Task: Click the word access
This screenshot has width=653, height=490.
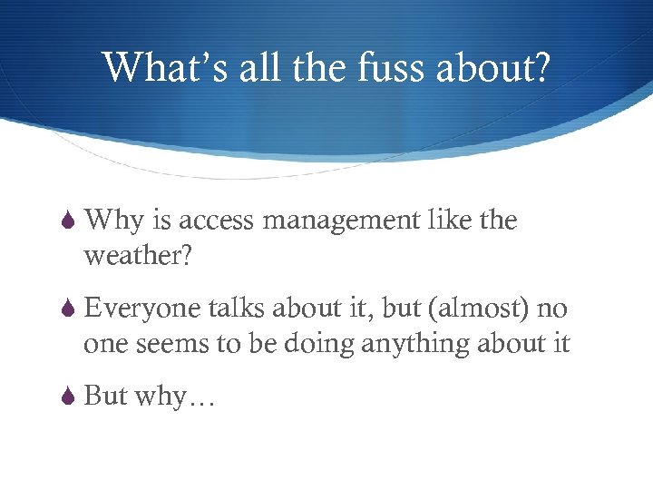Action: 216,221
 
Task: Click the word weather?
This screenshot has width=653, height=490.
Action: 137,256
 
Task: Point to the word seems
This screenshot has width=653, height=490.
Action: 165,345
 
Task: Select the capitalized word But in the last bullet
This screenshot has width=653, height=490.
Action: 105,397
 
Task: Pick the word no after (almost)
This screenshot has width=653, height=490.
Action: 551,310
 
